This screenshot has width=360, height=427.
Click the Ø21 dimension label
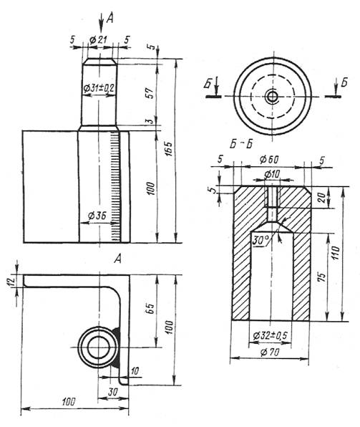[x=98, y=40]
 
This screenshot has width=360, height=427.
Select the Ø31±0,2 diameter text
[x=99, y=88]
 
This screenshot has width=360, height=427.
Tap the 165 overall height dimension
[x=170, y=149]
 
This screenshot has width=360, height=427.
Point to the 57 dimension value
[x=152, y=93]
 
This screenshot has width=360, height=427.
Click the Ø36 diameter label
[x=97, y=216]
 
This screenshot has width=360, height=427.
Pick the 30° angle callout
[x=261, y=240]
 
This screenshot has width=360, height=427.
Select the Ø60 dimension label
[x=269, y=160]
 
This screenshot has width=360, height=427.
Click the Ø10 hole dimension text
[x=272, y=174]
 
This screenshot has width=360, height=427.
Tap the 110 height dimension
[x=336, y=253]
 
